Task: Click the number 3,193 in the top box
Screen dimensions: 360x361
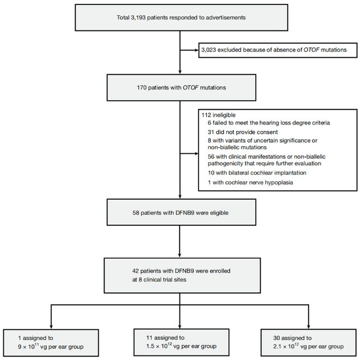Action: click(138, 17)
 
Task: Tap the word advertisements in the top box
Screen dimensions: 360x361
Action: click(225, 17)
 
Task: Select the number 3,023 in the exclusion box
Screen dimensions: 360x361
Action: click(209, 50)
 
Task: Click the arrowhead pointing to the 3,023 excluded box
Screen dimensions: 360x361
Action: click(196, 50)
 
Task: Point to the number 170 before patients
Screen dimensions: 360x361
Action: click(142, 88)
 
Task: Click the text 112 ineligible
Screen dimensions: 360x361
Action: click(219, 115)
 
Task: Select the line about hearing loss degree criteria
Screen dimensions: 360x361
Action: click(268, 123)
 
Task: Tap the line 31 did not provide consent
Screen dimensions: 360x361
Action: click(243, 132)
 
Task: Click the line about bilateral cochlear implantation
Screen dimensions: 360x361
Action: click(257, 173)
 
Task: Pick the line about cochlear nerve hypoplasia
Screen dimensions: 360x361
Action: click(250, 183)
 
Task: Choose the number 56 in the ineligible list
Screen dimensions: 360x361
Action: click(211, 157)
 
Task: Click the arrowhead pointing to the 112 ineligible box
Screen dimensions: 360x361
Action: click(196, 154)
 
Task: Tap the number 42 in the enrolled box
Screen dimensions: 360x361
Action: click(136, 271)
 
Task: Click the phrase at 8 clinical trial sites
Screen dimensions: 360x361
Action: click(159, 280)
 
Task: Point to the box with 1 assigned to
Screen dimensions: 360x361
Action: click(51, 343)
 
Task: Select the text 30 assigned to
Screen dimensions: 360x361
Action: click(292, 338)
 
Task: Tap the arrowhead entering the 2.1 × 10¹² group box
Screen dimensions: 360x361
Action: click(308, 327)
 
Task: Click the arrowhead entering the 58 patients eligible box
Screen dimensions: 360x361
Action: click(180, 196)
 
